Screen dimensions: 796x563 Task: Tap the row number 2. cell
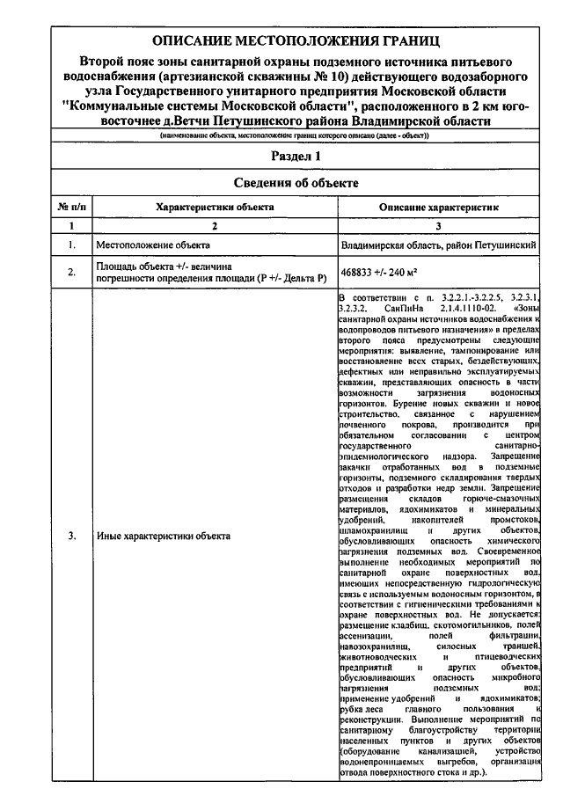[69, 272]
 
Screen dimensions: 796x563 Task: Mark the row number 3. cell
[69, 537]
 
